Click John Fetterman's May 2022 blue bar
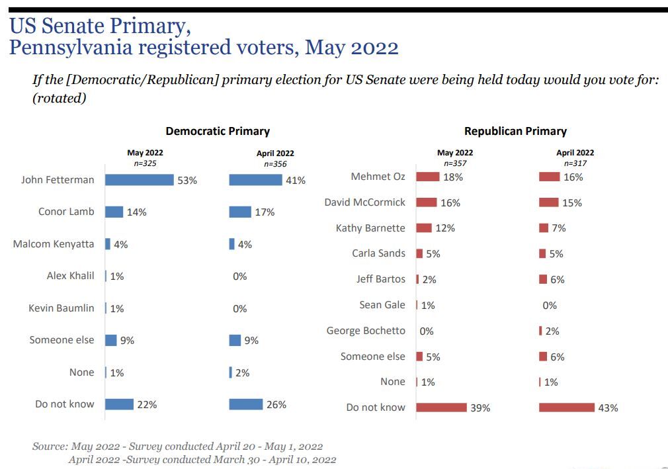pos(139,179)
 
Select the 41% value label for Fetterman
pos(296,180)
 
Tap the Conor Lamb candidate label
pos(66,212)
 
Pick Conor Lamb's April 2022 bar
pos(239,212)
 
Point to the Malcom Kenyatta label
pos(54,244)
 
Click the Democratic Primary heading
pos(218,131)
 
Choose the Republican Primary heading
pos(515,131)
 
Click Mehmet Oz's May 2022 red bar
pos(427,177)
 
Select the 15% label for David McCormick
pos(572,203)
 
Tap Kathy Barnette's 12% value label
pos(445,228)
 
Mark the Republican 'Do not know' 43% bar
pos(566,407)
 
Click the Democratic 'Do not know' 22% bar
pos(119,404)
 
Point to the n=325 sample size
pos(144,163)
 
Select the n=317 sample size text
pos(575,163)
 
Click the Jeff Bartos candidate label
pos(381,279)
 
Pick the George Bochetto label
pos(366,331)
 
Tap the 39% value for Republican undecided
pos(480,408)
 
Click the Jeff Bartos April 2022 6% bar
pos(543,279)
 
